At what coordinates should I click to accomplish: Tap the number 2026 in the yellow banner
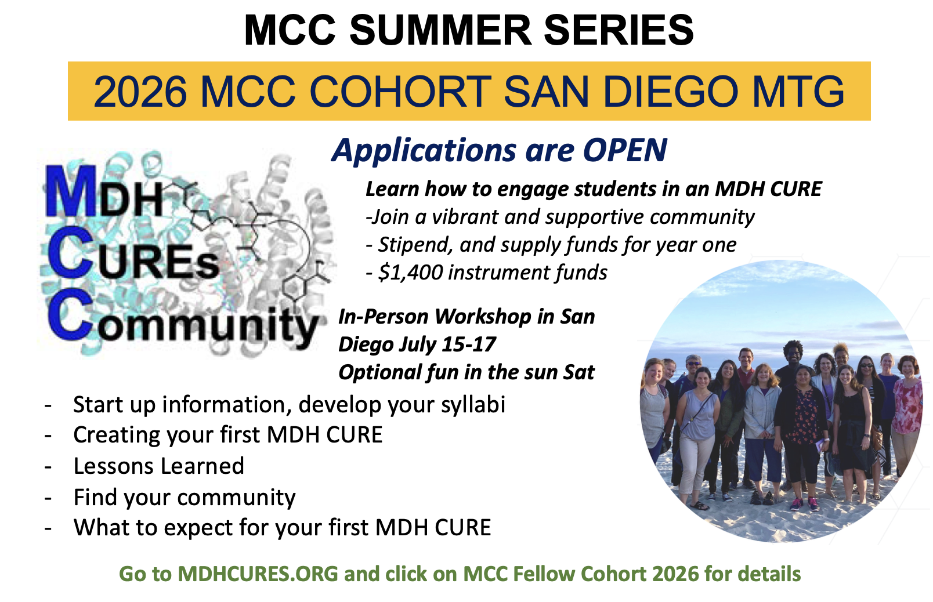click(140, 92)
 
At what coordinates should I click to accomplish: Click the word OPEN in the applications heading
click(625, 150)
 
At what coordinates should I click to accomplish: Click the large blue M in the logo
click(70, 191)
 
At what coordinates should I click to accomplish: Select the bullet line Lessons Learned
click(159, 466)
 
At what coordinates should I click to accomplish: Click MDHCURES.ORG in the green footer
click(258, 574)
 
